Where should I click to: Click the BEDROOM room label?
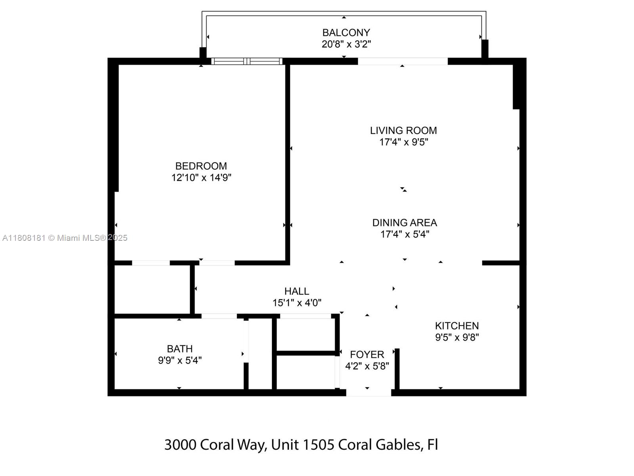pos(201,166)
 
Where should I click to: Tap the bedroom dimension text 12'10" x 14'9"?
pos(201,177)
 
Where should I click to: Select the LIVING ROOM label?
pos(403,131)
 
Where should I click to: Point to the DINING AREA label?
pos(404,223)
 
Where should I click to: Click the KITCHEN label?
pos(456,326)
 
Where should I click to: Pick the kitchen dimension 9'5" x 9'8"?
pos(456,337)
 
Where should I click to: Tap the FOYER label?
pos(367,354)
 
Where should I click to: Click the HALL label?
pos(296,291)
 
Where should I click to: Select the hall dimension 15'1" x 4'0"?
pos(296,303)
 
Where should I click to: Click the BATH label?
pos(180,349)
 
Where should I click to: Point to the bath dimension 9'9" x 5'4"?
pos(180,360)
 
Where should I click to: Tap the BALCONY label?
pos(346,33)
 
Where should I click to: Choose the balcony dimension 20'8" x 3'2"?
pos(346,44)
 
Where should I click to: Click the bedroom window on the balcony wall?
pos(247,61)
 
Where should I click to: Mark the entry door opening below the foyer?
pos(369,393)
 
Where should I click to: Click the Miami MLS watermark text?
pos(65,238)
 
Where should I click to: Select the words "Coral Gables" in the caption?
pos(379,445)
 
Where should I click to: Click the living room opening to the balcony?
pos(403,61)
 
